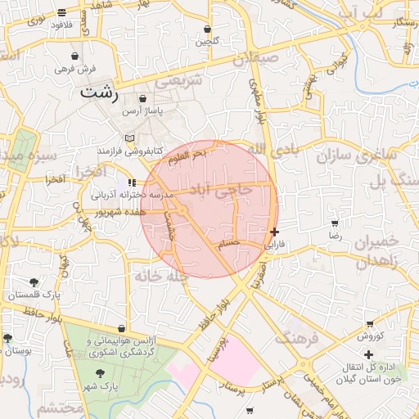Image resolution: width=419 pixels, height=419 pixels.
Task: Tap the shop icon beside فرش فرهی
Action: pyautogui.click(x=75, y=56)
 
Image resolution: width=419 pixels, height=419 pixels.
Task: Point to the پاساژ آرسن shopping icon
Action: pyautogui.click(x=142, y=98)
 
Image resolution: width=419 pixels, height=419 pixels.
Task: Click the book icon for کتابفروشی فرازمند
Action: pyautogui.click(x=128, y=138)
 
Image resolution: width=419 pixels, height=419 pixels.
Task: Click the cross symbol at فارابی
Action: pyautogui.click(x=273, y=232)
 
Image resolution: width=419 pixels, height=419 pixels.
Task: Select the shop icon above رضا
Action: pyautogui.click(x=334, y=223)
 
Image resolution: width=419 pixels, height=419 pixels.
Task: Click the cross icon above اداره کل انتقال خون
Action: pyautogui.click(x=368, y=354)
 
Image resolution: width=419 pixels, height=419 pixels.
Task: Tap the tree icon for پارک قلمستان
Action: pyautogui.click(x=34, y=282)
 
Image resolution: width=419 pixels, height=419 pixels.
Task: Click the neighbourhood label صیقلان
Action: pyautogui.click(x=278, y=59)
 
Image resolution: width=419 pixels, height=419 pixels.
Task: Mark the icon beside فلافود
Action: pyautogui.click(x=62, y=12)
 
